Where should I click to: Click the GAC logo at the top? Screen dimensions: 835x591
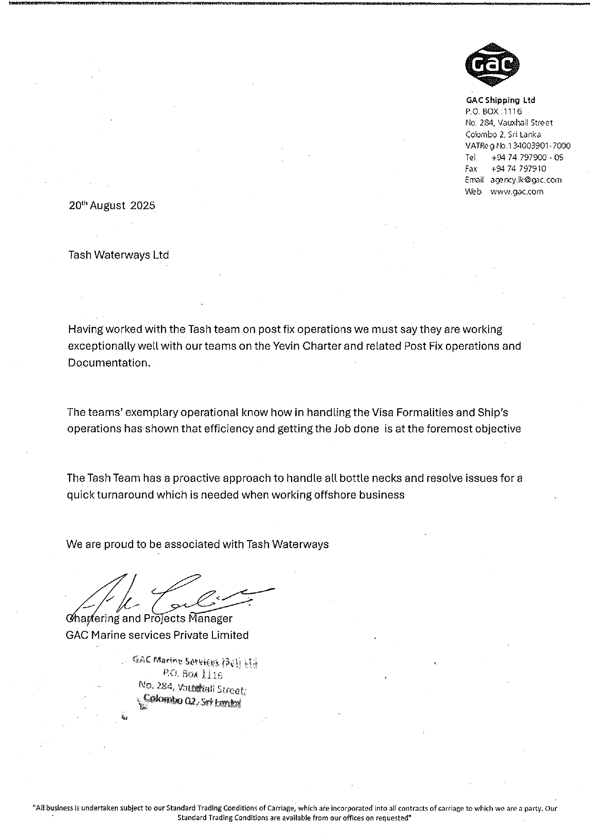492,64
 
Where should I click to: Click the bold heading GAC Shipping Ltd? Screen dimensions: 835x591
500,100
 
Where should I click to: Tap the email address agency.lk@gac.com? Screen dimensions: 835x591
526,180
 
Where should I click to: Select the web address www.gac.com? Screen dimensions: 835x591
517,192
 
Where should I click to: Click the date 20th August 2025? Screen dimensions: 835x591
112,206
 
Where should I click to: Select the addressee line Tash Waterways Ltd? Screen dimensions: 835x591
119,255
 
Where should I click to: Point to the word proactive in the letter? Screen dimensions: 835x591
197,478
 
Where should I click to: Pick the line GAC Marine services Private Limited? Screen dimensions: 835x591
157,635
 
